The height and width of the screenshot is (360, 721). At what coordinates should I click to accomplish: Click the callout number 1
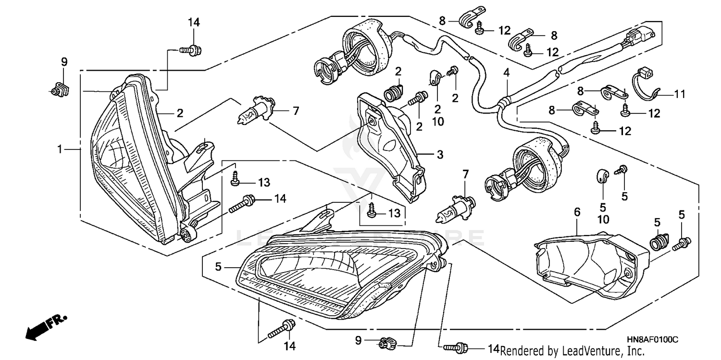click(60, 150)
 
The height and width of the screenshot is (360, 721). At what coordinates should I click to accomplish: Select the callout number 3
click(440, 155)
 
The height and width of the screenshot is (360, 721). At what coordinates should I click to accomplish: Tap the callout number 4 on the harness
click(506, 73)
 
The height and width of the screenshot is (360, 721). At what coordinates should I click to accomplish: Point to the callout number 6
click(577, 211)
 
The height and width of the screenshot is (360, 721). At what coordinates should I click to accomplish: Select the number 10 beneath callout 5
click(603, 219)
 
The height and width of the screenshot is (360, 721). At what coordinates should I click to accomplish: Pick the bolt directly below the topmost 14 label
click(191, 49)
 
